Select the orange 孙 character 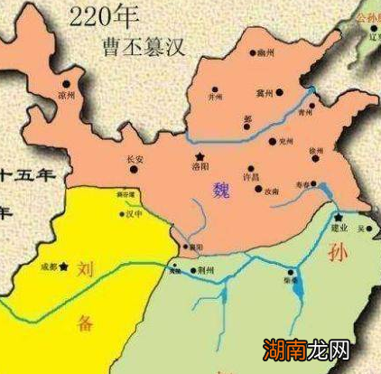338,250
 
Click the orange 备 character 84,323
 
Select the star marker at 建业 338,218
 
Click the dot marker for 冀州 281,91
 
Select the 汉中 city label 135,214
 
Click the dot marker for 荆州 198,269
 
